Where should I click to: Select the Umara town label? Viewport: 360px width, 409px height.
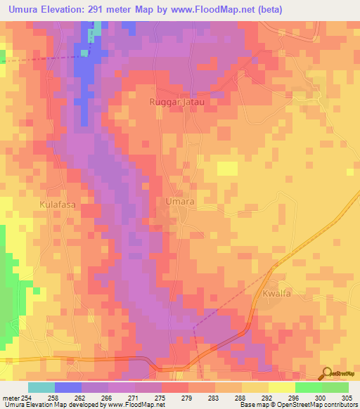[179, 201]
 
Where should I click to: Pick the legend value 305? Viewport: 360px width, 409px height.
[341, 397]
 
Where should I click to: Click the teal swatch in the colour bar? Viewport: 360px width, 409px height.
[41, 387]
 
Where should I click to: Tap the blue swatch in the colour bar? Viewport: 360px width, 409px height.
[68, 387]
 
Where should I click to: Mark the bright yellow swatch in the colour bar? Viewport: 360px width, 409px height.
[281, 387]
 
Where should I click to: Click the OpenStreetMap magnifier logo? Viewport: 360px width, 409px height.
[326, 374]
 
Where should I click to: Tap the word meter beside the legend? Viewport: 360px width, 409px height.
[10, 397]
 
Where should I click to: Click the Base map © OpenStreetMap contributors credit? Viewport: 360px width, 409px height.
[297, 405]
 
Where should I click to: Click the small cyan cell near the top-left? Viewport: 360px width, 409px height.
[85, 53]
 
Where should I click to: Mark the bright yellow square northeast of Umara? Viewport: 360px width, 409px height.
[227, 168]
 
